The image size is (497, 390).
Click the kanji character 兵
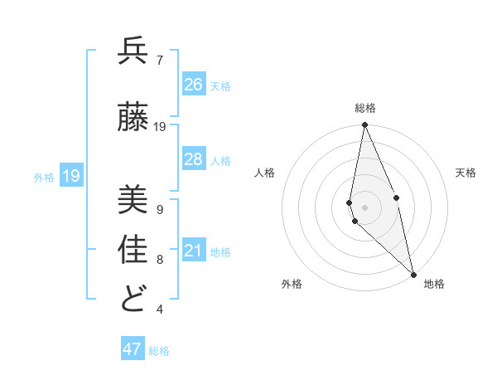click(133, 51)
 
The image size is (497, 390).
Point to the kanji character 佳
click(133, 249)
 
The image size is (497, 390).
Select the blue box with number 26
click(194, 85)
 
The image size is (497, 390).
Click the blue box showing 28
click(194, 159)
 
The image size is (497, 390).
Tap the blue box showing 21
click(194, 251)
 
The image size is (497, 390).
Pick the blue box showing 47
click(133, 349)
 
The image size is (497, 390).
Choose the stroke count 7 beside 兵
click(160, 61)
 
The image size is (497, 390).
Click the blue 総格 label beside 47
click(160, 351)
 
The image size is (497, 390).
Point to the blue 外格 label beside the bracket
click(44, 177)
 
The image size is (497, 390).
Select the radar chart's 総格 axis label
click(365, 108)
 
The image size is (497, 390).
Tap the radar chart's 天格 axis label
click(466, 173)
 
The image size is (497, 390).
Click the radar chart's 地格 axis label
click(434, 284)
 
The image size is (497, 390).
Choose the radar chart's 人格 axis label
click(264, 173)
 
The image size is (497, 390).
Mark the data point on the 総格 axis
click(364, 125)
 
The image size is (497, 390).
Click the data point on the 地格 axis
click(413, 274)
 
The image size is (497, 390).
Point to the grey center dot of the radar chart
click(364, 207)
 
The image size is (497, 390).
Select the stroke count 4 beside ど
click(160, 310)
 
